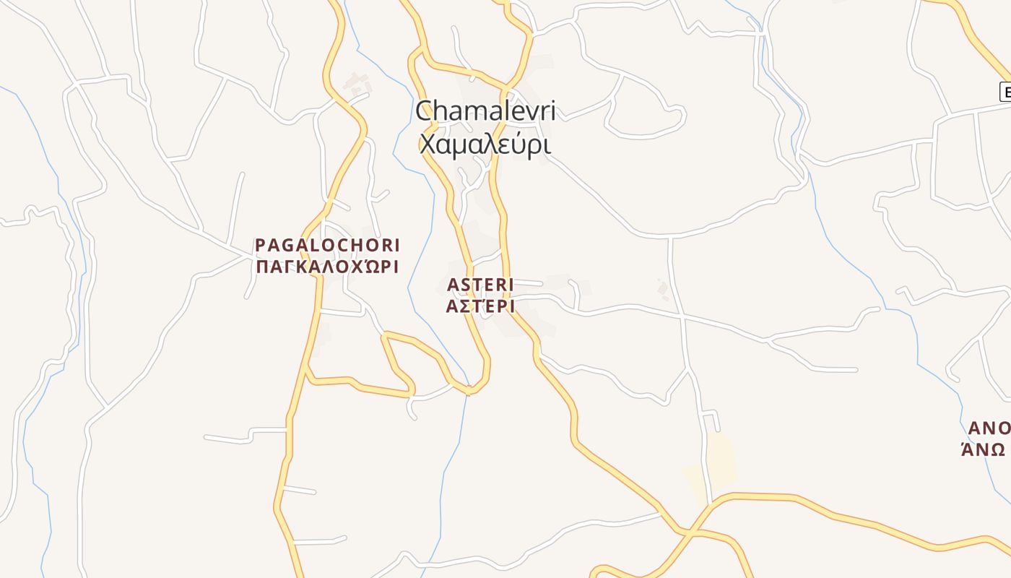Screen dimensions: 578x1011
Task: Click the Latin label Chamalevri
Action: coord(485,111)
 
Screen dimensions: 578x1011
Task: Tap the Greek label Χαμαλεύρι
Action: coord(485,144)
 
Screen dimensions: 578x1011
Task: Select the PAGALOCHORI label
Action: coord(327,246)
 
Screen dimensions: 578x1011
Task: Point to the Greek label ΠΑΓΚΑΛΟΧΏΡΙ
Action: coord(327,267)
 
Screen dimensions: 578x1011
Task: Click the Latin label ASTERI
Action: coord(480,285)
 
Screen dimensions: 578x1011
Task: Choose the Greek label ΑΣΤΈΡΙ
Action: coord(480,306)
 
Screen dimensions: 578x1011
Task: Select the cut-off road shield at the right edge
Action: coord(1005,92)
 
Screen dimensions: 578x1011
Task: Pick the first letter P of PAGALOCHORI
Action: coord(261,246)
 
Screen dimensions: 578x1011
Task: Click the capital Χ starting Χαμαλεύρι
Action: coord(428,145)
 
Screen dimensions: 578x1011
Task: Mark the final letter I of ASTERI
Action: coord(510,285)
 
